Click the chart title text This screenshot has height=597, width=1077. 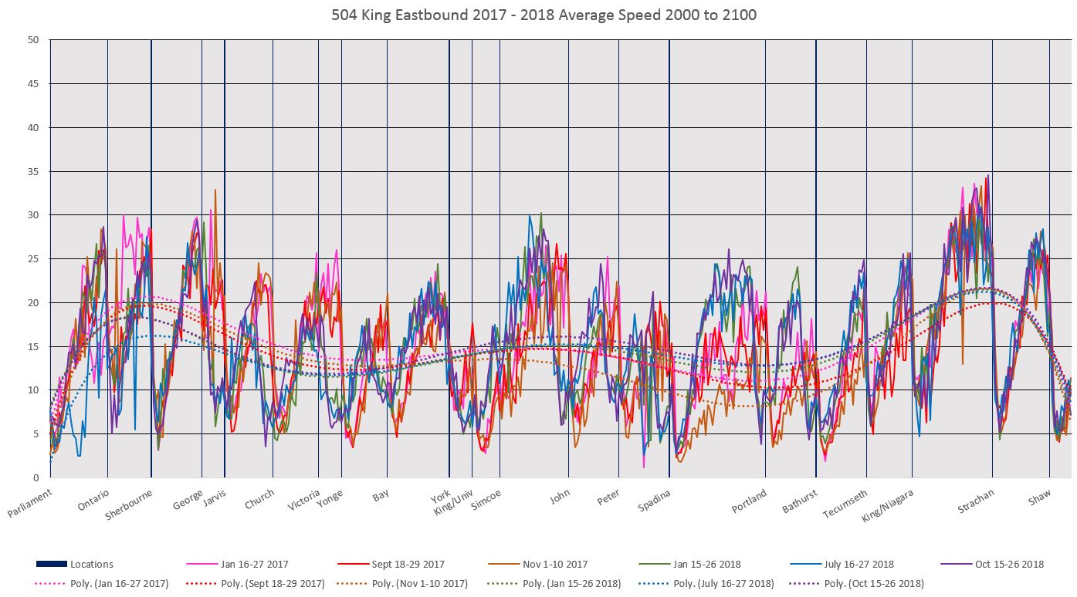538,15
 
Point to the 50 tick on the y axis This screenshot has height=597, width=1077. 34,40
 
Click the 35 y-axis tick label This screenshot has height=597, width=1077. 34,171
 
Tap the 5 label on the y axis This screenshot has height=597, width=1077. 36,433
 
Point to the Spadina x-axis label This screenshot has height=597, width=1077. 655,501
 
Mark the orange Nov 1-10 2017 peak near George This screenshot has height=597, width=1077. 215,191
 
